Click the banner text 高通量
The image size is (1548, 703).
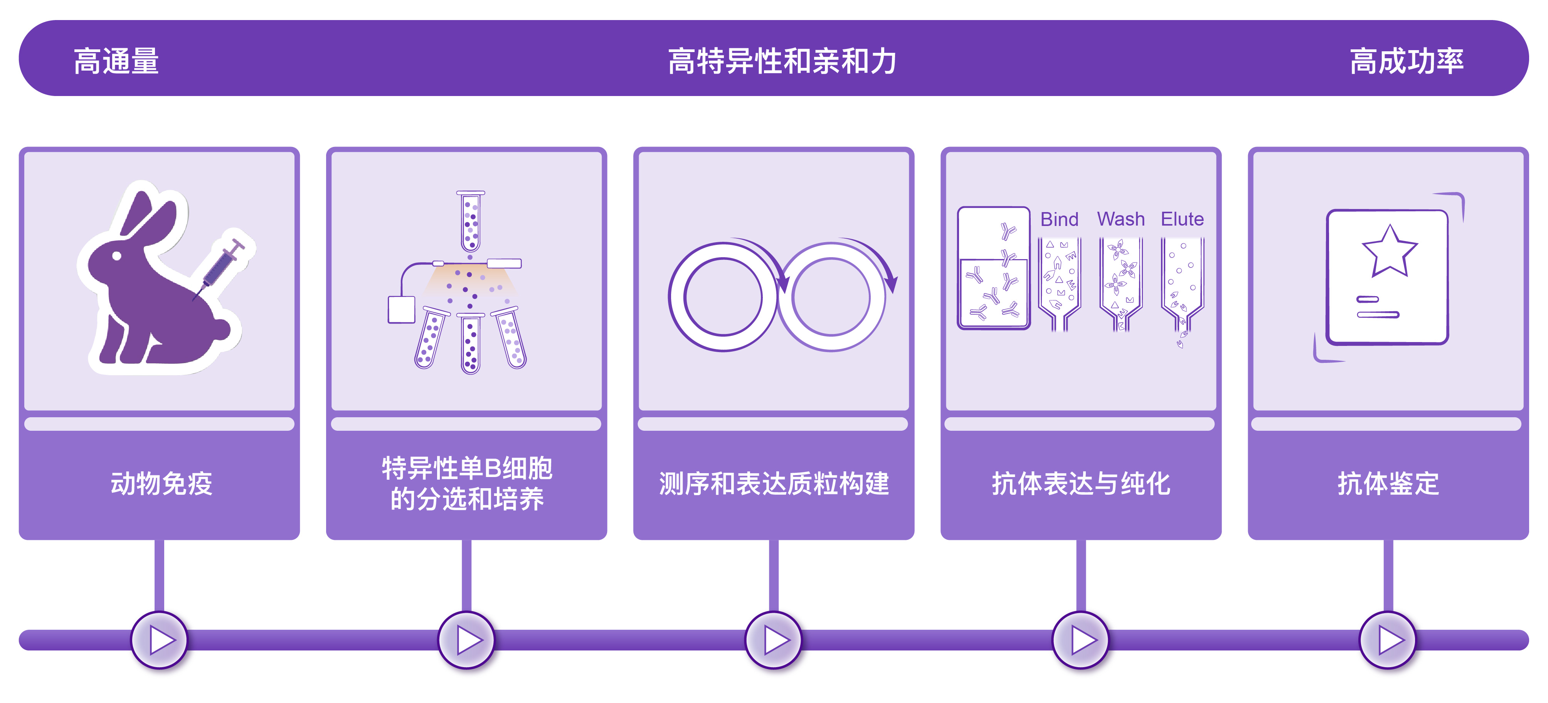pos(116,61)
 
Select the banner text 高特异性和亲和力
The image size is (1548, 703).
pos(782,61)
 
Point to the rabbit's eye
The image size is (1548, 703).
pos(117,256)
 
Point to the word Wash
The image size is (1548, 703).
pos(1121,219)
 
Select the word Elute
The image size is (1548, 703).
pos(1182,219)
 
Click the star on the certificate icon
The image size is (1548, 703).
pos(1389,251)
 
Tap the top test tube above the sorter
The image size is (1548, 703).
pos(471,221)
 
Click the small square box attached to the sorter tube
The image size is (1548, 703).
pos(401,309)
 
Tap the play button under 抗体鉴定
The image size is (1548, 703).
pos(1388,640)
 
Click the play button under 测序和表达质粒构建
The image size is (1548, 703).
pos(774,640)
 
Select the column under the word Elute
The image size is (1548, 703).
pos(1182,283)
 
